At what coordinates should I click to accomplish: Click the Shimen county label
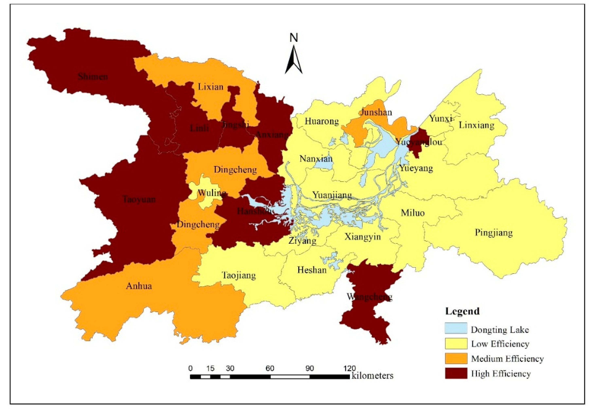point(93,77)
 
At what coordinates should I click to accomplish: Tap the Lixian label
point(211,86)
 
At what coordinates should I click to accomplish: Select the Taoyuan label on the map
point(139,199)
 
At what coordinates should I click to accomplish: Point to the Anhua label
point(139,286)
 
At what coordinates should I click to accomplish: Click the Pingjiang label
point(494,232)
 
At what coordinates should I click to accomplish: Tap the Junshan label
point(376,112)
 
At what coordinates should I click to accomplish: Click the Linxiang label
point(476,125)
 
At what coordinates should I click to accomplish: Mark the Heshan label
point(312,270)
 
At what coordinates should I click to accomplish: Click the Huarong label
point(322,121)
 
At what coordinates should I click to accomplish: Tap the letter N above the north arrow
point(294,38)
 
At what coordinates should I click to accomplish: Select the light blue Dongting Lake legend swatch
point(456,328)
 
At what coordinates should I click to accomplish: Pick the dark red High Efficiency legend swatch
point(456,373)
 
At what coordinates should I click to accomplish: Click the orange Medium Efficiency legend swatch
point(456,358)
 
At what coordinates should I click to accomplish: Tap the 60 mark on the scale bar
point(270,369)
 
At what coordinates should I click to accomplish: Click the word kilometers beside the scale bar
point(372,376)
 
